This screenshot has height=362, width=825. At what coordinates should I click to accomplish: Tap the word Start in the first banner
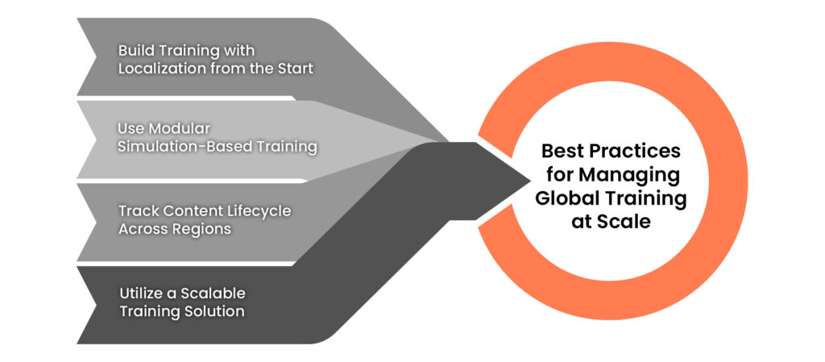tap(295, 69)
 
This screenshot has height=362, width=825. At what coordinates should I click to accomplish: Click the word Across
tap(141, 229)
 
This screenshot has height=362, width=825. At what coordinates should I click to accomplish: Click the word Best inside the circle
tap(561, 152)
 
